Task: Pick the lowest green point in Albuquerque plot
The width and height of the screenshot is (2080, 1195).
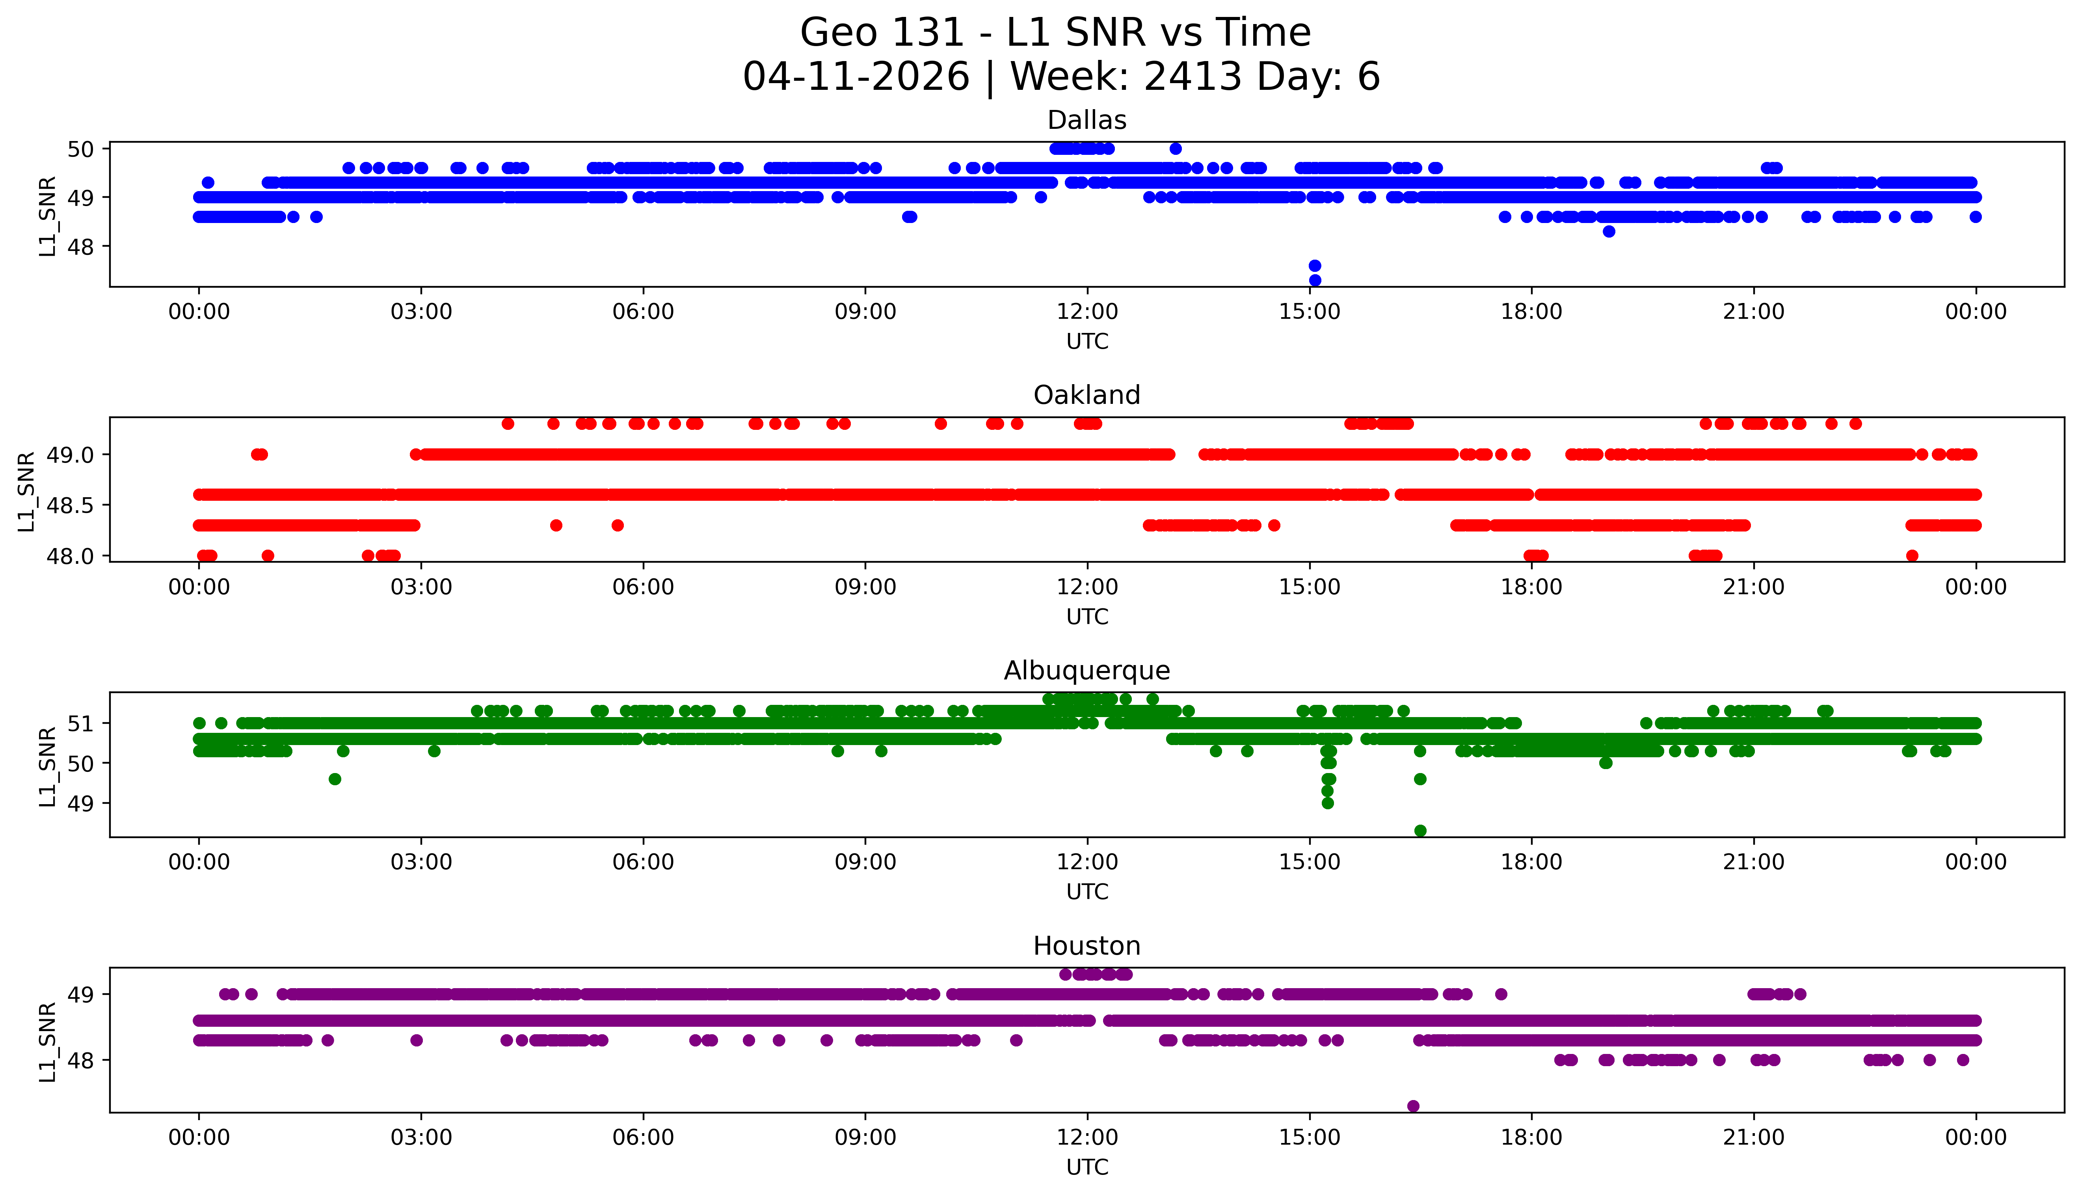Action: pyautogui.click(x=1420, y=831)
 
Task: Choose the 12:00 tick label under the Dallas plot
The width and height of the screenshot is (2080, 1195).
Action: pyautogui.click(x=1087, y=312)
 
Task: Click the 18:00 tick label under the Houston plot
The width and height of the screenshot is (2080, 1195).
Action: pyautogui.click(x=1531, y=1137)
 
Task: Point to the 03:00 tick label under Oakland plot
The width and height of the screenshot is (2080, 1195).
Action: pyautogui.click(x=421, y=587)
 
